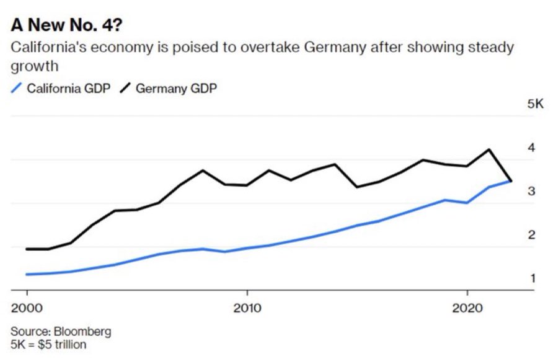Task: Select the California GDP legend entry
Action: [68, 88]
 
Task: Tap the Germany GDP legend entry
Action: [176, 88]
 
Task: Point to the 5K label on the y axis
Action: [535, 104]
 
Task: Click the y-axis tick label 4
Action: [531, 147]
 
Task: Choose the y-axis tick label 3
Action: [531, 191]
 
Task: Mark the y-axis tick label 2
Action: [531, 235]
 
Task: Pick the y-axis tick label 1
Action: [531, 278]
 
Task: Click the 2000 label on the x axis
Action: [27, 309]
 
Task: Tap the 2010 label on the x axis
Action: [247, 309]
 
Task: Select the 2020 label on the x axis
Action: [467, 309]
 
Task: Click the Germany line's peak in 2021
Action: [489, 150]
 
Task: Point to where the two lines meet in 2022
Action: [511, 181]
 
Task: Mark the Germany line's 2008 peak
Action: [203, 170]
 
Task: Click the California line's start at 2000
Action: [27, 274]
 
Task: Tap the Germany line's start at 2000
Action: [27, 249]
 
